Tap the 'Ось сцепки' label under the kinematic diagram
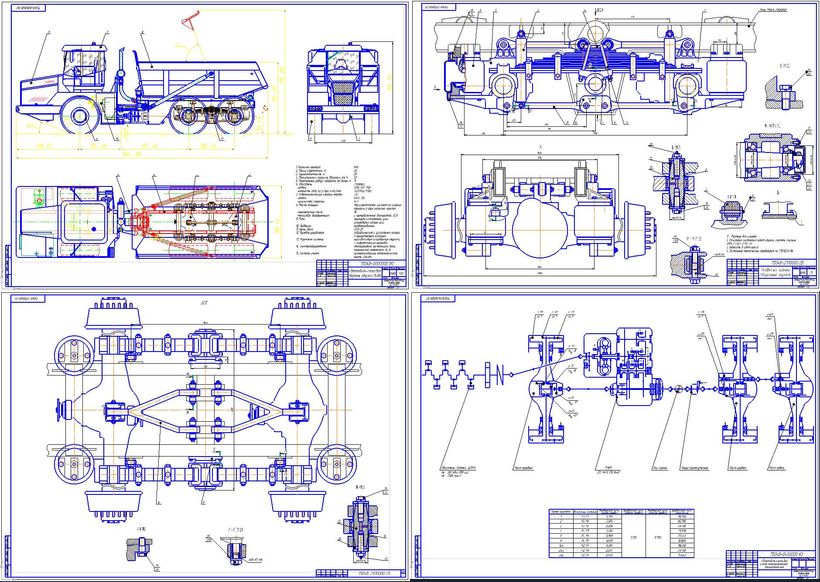(x=662, y=468)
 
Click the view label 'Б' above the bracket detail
(x=777, y=192)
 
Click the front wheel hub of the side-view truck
(x=80, y=117)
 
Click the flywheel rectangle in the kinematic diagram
(x=489, y=375)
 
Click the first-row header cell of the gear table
(x=561, y=511)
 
